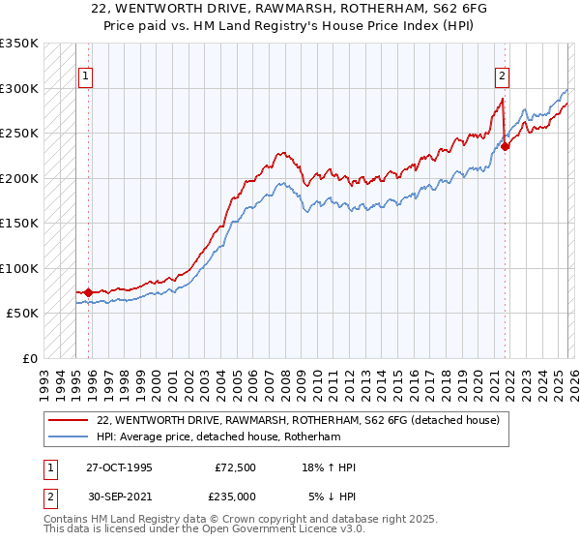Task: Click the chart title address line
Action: click(x=290, y=10)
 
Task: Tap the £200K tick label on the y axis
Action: click(x=18, y=178)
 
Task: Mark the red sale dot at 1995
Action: click(x=89, y=291)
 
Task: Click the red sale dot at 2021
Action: click(x=506, y=147)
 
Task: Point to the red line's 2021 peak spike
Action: click(x=504, y=99)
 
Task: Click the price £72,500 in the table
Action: click(x=235, y=467)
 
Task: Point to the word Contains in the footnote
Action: click(x=67, y=521)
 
